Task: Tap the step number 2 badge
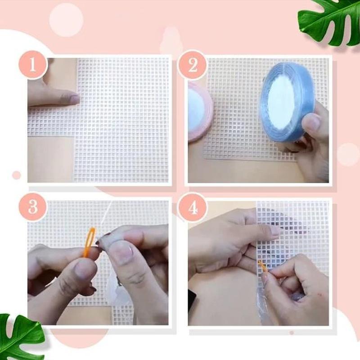pos(193,66)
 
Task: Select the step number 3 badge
pos(32,207)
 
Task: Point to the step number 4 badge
pos(192,207)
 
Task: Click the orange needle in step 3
pos(89,242)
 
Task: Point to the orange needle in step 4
pos(262,266)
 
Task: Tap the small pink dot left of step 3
pos(17,175)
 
